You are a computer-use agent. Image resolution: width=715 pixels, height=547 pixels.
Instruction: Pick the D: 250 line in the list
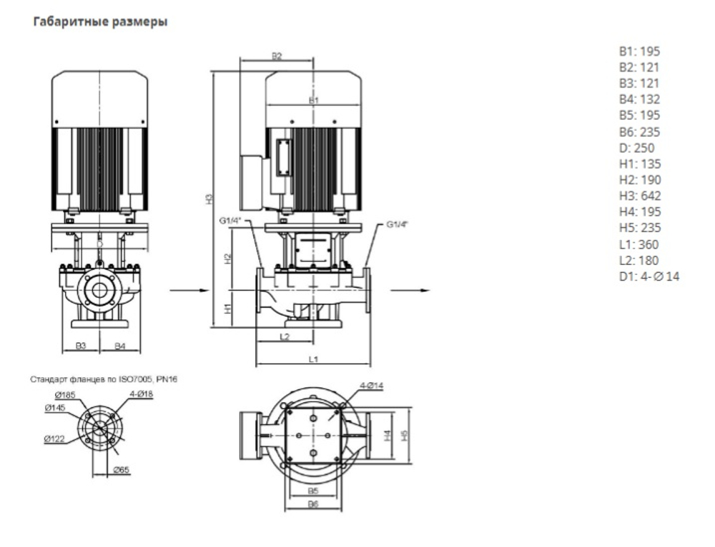click(x=637, y=148)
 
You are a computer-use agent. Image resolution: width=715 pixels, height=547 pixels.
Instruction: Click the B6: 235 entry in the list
click(x=639, y=132)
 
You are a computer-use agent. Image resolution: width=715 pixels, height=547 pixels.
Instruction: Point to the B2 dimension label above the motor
click(x=277, y=55)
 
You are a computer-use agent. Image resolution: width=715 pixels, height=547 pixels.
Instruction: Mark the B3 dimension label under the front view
click(x=82, y=346)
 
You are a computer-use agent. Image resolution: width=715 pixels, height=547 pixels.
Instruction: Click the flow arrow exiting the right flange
click(x=415, y=291)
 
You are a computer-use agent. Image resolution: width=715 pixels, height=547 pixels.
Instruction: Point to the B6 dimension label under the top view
click(x=312, y=505)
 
